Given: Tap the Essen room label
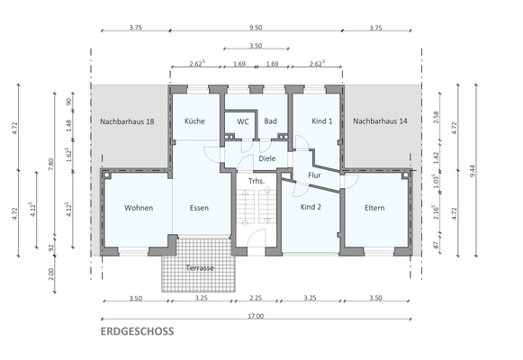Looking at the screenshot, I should [199, 208].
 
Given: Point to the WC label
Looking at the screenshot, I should [243, 121].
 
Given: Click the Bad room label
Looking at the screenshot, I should [270, 121].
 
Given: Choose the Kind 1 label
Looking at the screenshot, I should [322, 121].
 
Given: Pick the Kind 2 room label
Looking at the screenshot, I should [310, 208].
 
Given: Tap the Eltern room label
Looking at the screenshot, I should [374, 208].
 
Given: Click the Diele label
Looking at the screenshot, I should [266, 158].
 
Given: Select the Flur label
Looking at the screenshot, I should [314, 175].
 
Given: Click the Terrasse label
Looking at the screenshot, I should [200, 268].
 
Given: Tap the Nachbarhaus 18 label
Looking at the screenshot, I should [127, 121].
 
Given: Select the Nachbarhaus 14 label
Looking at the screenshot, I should [379, 121].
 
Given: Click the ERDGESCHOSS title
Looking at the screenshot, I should [137, 331].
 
